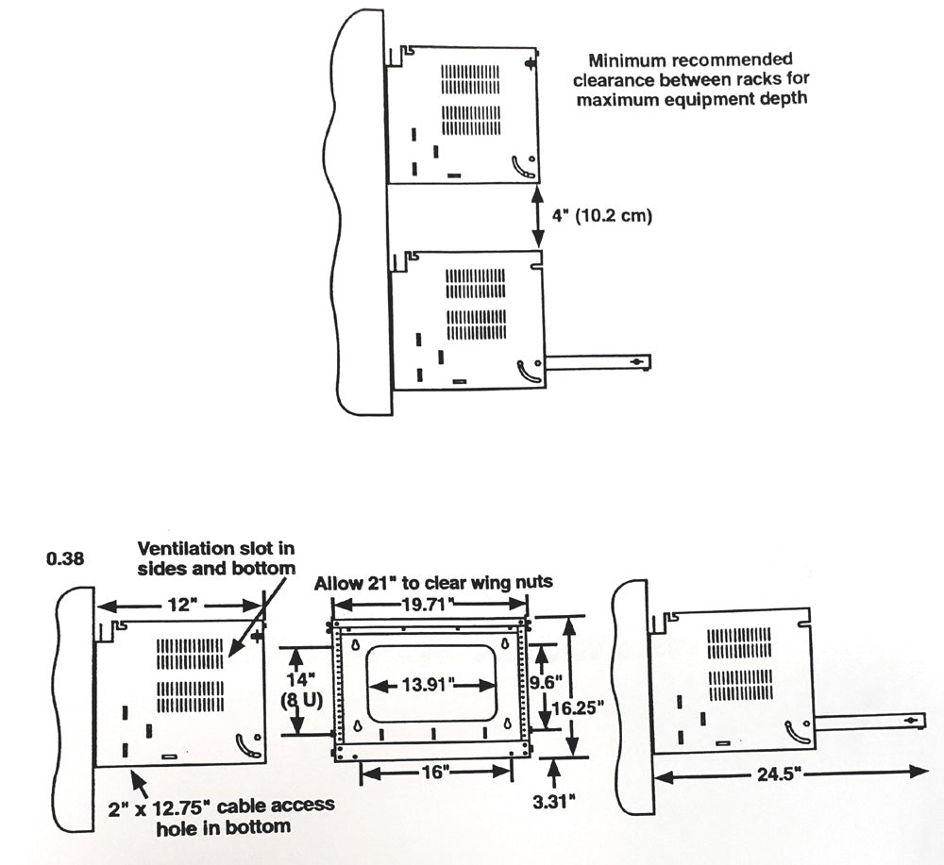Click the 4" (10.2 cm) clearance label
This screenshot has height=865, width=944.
600,215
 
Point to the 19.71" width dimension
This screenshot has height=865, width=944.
429,602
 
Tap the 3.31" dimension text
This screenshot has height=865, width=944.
555,802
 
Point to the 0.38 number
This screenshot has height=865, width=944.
65,557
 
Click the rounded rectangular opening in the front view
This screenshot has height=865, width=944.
430,682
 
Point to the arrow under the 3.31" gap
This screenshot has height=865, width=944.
555,772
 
